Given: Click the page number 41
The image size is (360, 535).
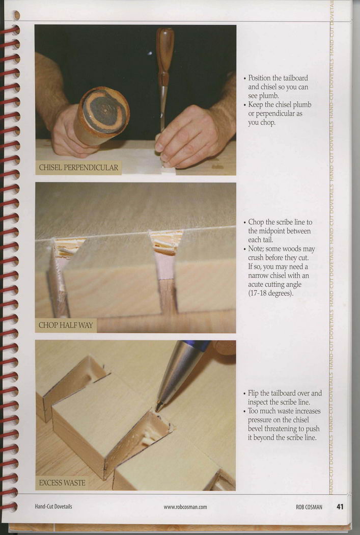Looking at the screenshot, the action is tap(340, 506).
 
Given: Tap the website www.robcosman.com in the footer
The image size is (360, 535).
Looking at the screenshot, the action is tap(185, 507).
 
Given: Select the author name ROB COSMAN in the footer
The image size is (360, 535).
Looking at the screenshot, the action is tap(309, 507).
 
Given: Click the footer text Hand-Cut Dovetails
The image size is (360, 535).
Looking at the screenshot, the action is tap(53, 506).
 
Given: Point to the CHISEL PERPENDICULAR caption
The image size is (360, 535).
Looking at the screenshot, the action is tap(78, 168).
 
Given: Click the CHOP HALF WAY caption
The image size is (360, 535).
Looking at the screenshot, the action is tap(66, 325).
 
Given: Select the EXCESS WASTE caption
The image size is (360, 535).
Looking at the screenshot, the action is tap(62, 483).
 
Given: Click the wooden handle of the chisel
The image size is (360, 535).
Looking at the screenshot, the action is tap(165, 50).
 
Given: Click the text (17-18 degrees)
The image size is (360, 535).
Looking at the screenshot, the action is tap(271, 293).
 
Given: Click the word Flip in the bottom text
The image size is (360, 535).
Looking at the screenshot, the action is tap(253, 393).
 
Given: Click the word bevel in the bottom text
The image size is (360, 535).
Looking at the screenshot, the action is tap(256, 429).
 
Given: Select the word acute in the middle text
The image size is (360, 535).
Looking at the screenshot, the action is tap(256, 284).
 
